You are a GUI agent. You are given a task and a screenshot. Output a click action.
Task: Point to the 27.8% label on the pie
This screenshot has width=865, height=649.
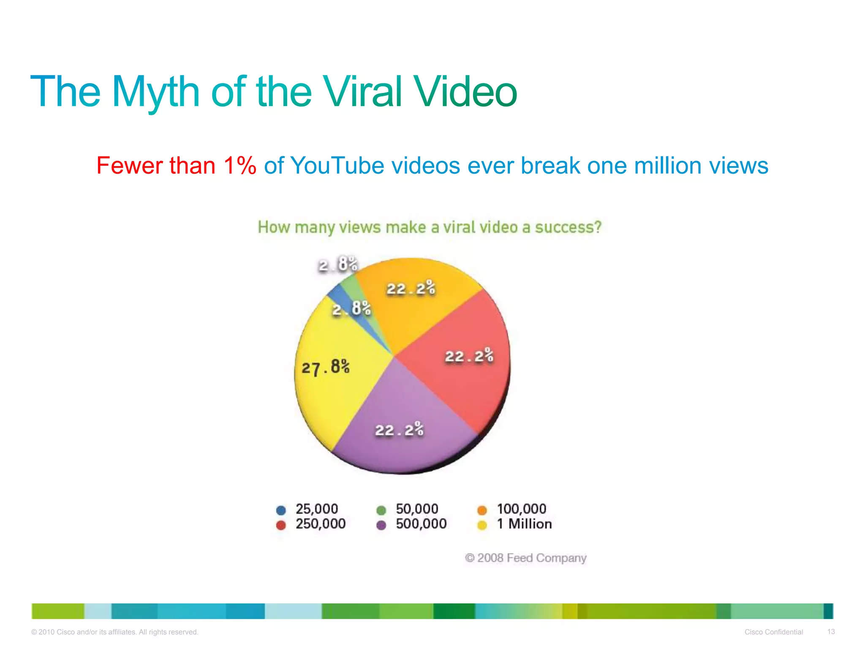coord(325,367)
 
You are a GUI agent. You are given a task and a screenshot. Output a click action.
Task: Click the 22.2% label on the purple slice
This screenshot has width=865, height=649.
coord(399,430)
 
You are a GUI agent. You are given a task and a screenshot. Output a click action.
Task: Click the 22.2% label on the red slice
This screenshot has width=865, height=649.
coord(469,356)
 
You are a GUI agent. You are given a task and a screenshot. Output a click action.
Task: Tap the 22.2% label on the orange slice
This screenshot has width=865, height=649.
coord(411,289)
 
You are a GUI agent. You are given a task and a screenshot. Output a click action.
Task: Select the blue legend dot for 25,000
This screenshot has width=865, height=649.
coord(281,510)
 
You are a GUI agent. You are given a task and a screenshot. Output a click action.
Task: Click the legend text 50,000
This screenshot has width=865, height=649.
coord(417,509)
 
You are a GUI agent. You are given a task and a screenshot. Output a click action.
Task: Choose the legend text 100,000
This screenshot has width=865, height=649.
coord(521,509)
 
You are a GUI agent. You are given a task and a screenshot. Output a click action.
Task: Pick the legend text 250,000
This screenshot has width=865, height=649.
coord(321,524)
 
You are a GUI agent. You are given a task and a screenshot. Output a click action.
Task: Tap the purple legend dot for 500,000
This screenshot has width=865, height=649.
coord(381,525)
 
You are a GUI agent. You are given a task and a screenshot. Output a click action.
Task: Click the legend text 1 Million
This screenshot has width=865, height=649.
coord(524,524)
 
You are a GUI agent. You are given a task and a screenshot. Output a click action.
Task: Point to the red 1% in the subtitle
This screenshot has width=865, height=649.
coord(239,165)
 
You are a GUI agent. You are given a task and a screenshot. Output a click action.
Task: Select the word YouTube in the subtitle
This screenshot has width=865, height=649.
coord(337,165)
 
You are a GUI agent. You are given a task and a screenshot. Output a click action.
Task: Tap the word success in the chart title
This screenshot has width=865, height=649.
coord(568,227)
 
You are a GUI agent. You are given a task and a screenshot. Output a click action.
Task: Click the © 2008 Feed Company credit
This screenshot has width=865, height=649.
coord(525,558)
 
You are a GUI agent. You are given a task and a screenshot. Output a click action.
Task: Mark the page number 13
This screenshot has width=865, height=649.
coord(831,632)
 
